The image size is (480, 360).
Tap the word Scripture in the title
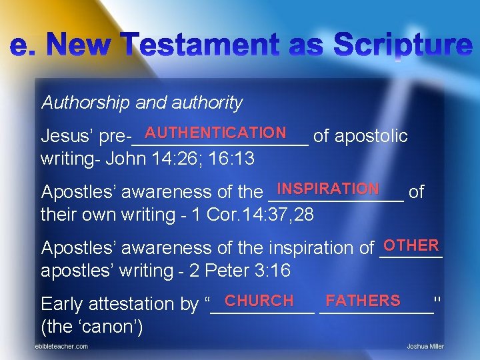(403, 46)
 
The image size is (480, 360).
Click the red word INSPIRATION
(328, 189)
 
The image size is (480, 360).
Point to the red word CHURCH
(259, 301)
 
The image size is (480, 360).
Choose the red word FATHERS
(363, 301)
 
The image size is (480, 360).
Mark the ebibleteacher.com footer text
(62, 347)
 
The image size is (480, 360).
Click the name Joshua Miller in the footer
(425, 347)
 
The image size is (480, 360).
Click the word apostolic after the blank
(371, 137)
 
